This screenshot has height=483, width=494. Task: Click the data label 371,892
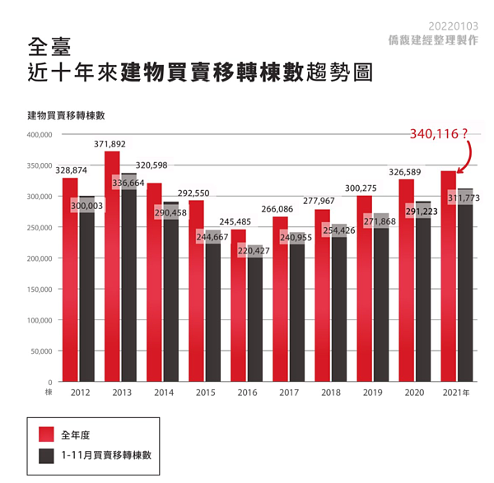[x=110, y=143]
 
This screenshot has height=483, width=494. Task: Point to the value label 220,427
[x=254, y=250]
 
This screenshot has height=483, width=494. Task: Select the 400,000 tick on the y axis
[x=40, y=134]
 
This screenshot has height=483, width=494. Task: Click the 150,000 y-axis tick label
[x=40, y=289]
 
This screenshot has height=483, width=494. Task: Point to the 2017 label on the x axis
[x=288, y=393]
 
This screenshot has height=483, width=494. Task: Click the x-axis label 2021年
[x=456, y=393]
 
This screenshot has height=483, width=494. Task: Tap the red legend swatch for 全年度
[x=46, y=432]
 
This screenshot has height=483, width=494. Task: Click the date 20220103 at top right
[x=452, y=26]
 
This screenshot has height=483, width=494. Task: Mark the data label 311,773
[x=464, y=198]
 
